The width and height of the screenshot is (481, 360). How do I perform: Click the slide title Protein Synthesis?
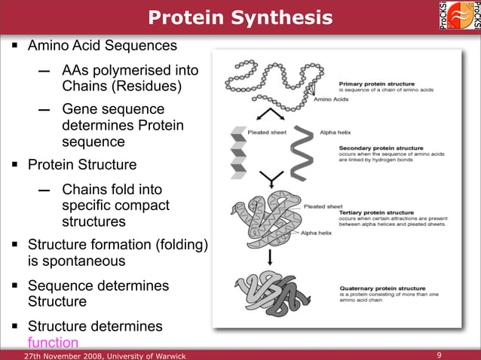tap(239, 17)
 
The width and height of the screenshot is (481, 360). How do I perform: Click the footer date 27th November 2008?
tap(64, 355)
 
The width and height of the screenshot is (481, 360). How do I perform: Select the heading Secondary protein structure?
tap(381, 148)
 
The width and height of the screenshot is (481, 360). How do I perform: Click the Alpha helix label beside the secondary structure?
tap(336, 131)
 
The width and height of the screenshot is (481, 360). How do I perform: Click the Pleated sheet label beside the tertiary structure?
tap(323, 206)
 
